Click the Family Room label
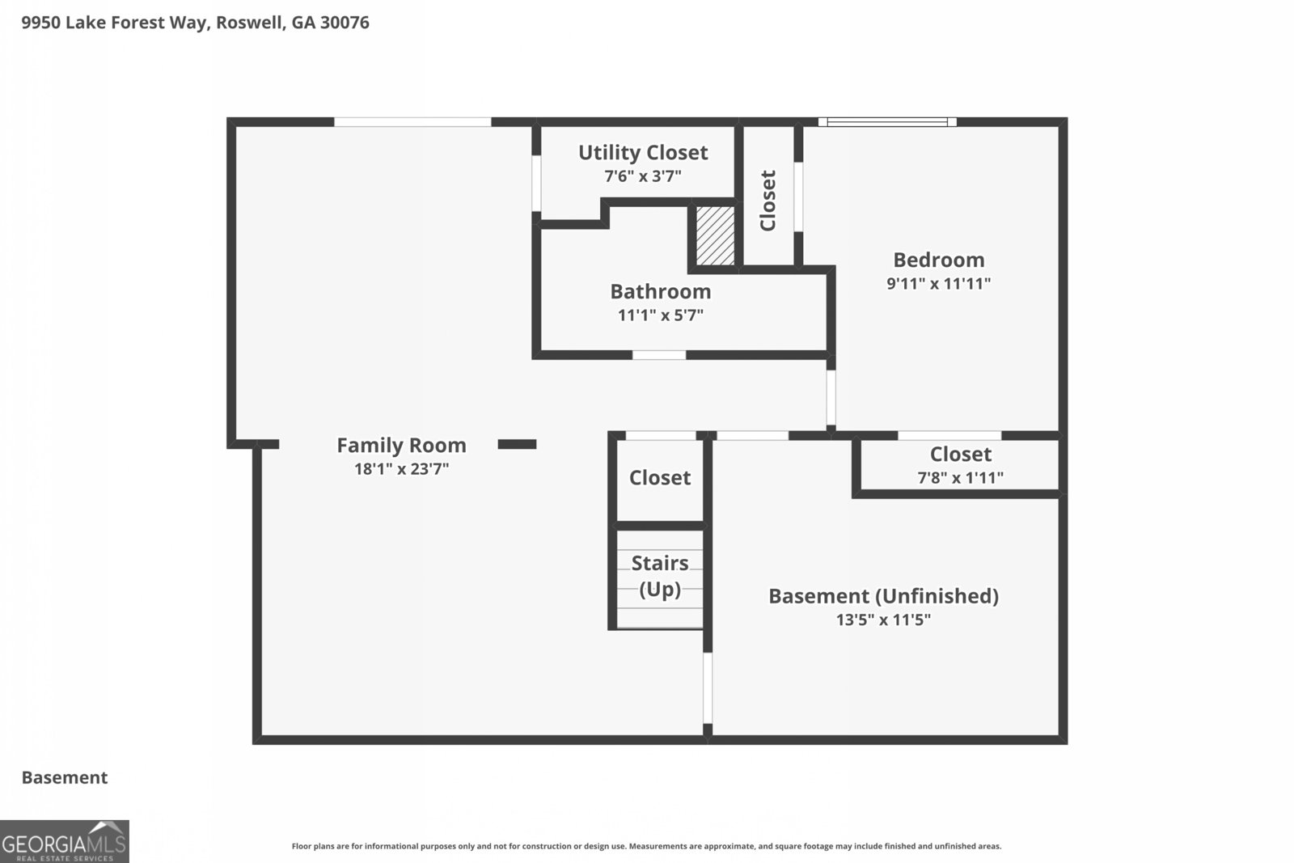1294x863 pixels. click(x=401, y=446)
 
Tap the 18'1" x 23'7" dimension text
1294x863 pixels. click(x=401, y=468)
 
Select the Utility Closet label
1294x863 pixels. click(x=643, y=153)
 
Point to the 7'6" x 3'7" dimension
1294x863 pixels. click(x=643, y=176)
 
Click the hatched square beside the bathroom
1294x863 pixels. click(x=715, y=235)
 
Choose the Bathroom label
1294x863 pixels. click(x=661, y=292)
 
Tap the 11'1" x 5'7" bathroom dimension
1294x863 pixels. click(x=661, y=315)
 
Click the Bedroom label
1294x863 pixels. click(x=939, y=260)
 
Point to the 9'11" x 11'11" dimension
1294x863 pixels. click(x=939, y=284)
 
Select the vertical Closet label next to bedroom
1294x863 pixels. click(x=768, y=201)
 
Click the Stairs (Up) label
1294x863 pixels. click(x=660, y=576)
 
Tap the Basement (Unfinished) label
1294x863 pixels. click(x=884, y=596)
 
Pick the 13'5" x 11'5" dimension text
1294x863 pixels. click(x=884, y=620)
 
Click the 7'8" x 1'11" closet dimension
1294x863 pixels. click(x=961, y=478)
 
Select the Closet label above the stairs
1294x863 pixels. click(x=660, y=478)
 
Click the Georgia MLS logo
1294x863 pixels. click(x=64, y=842)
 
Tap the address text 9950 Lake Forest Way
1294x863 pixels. click(x=114, y=23)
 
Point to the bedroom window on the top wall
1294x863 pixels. click(x=887, y=122)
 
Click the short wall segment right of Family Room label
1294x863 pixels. click(x=517, y=444)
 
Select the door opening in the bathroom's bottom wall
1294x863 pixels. click(x=659, y=355)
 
